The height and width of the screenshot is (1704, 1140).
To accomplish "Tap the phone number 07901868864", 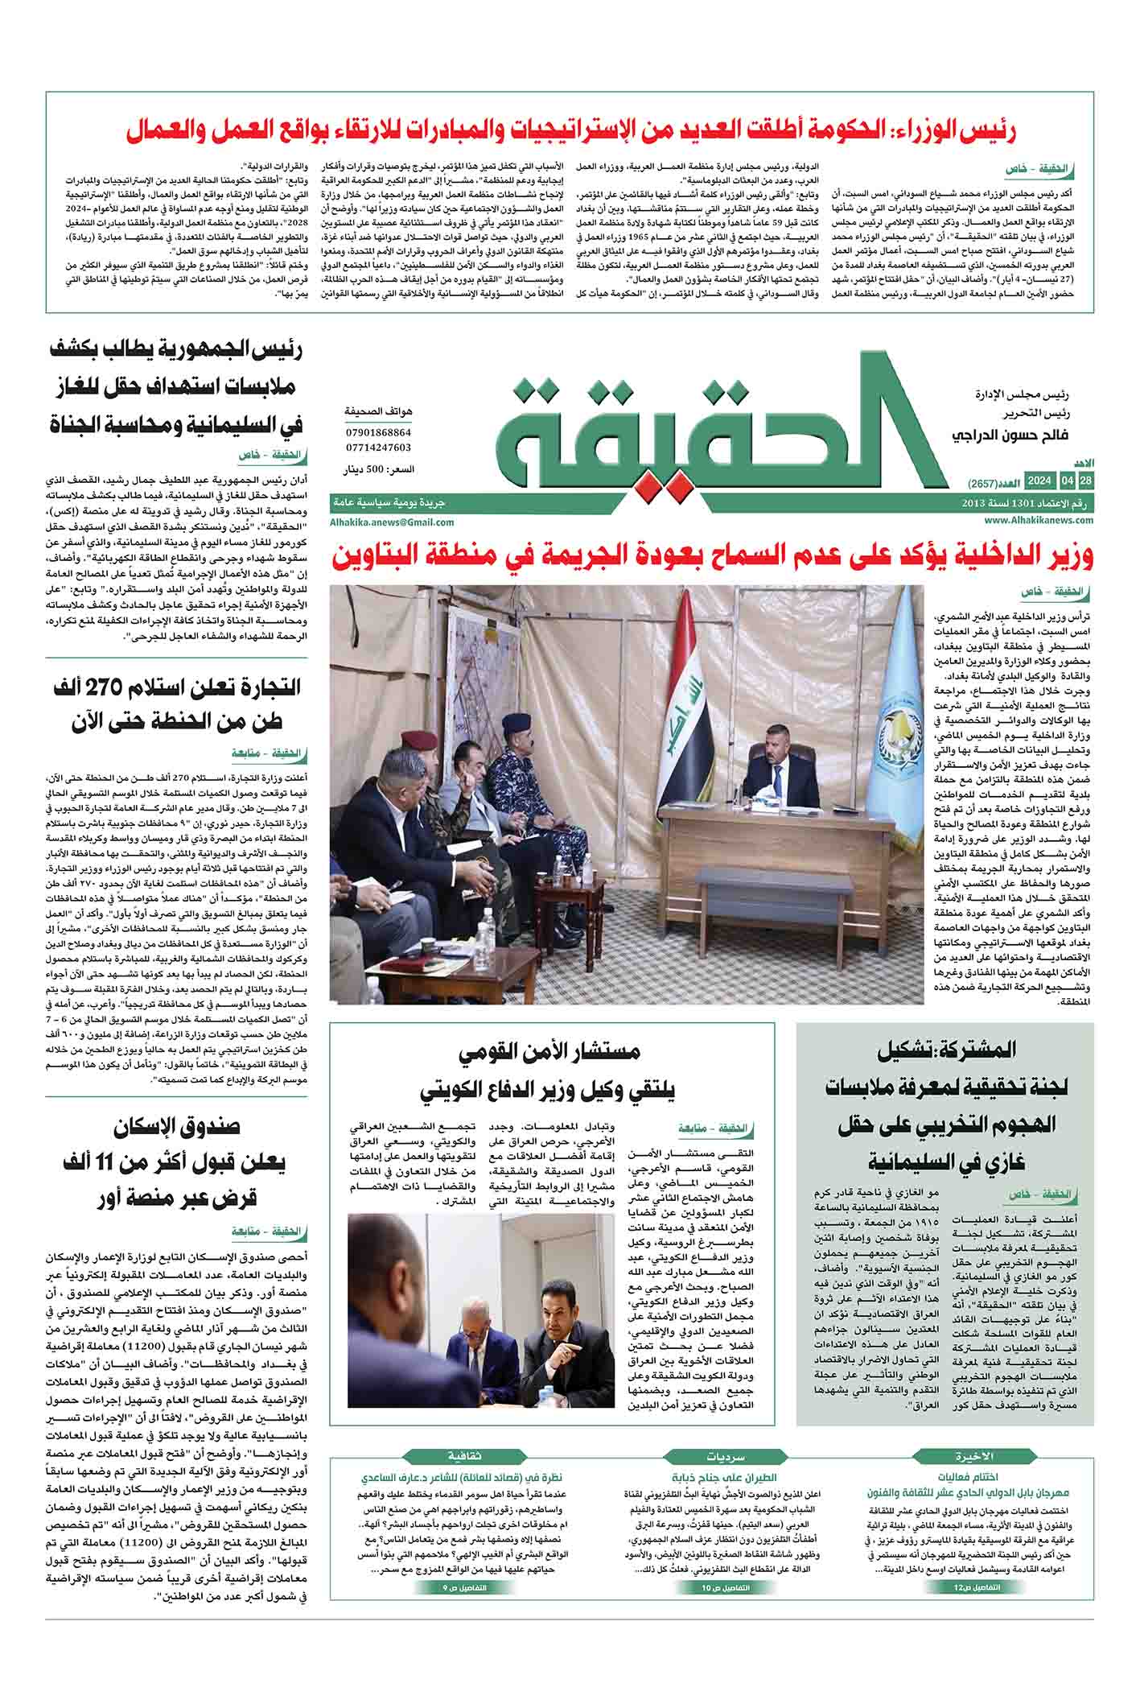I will point(378,432).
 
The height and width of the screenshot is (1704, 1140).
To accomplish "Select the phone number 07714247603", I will point(378,448).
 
